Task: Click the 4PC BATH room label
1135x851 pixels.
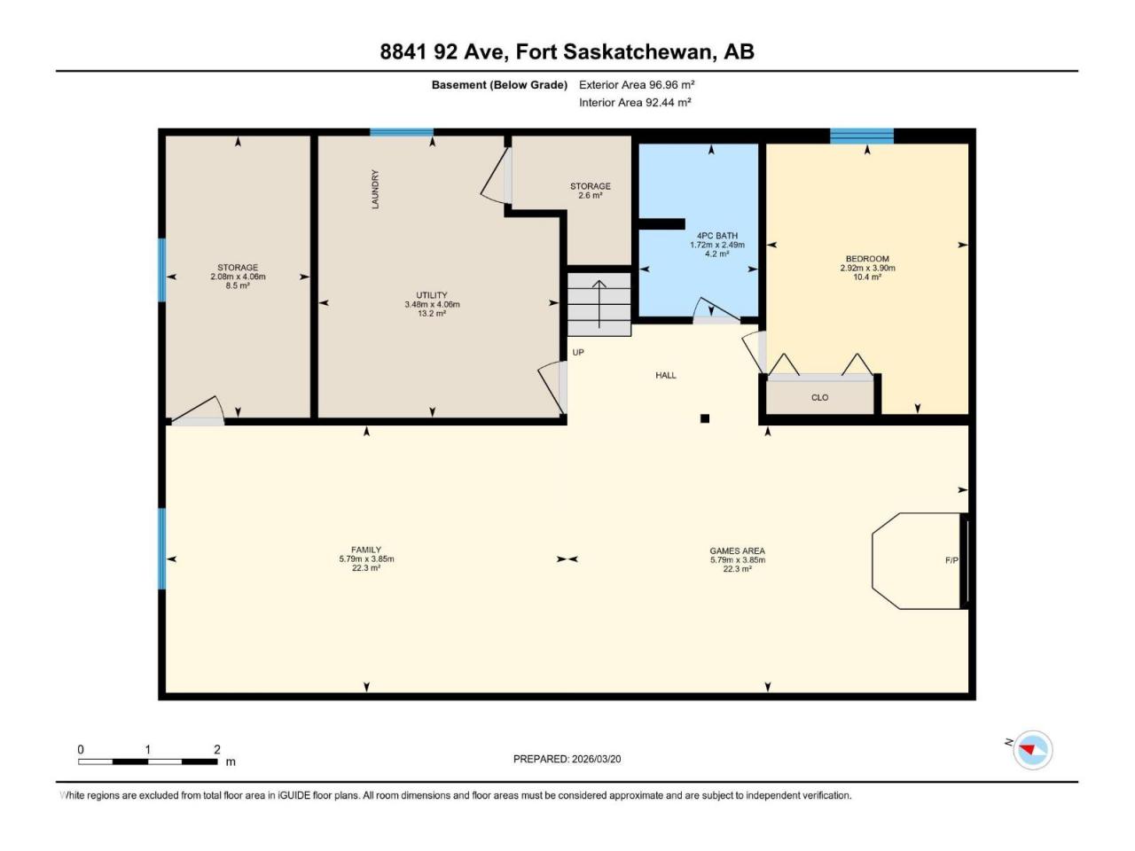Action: point(716,236)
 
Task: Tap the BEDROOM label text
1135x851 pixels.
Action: point(867,259)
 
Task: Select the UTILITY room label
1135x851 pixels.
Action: point(432,295)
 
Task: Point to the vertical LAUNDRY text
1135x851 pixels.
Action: point(375,189)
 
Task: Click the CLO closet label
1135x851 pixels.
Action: point(819,397)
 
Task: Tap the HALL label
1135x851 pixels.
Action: point(666,375)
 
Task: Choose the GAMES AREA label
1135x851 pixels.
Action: point(738,550)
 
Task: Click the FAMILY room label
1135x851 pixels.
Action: point(366,550)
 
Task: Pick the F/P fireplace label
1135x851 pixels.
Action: point(951,560)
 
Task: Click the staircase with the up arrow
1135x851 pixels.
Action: point(599,304)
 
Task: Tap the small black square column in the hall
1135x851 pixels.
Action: point(704,418)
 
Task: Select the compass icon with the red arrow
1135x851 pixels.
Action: point(1033,750)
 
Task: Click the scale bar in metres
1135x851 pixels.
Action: point(148,761)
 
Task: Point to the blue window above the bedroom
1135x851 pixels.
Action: point(862,136)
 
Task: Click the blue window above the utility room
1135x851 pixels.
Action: point(402,132)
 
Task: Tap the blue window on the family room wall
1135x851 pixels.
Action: point(162,549)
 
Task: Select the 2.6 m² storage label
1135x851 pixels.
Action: point(590,191)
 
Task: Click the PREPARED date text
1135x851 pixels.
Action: point(567,759)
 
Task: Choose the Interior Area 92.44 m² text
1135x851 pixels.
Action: point(635,102)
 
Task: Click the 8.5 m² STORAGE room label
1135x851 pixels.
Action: point(238,277)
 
